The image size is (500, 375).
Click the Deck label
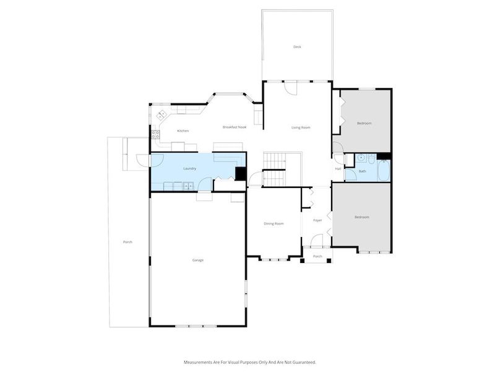point(297,47)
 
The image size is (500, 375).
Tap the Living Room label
point(301,127)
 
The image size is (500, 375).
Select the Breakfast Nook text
point(235,127)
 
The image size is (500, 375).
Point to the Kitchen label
point(183,131)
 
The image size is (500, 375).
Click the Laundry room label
point(190,168)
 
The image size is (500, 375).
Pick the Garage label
point(197,260)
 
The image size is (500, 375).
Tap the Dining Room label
point(274,223)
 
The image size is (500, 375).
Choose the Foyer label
point(317,220)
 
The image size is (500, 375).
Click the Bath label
point(363,171)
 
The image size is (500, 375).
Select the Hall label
point(338,169)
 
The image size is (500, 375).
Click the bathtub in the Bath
point(383,171)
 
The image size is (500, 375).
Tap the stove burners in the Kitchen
point(155,134)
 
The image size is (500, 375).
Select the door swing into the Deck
point(291,88)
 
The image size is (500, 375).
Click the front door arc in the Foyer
point(317,241)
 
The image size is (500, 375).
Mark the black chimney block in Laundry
point(240,174)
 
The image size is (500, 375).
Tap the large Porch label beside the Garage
point(127,242)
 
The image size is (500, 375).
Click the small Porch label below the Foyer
point(317,256)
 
